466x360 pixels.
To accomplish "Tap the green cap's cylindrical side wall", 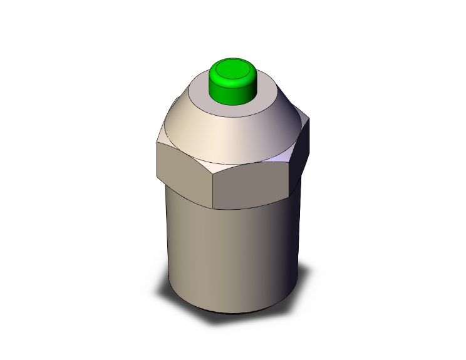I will click(232, 93).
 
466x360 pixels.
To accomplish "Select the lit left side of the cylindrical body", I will click(188, 250).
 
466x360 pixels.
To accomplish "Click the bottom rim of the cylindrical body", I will click(232, 312).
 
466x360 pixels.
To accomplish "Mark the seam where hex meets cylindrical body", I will click(251, 207).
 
